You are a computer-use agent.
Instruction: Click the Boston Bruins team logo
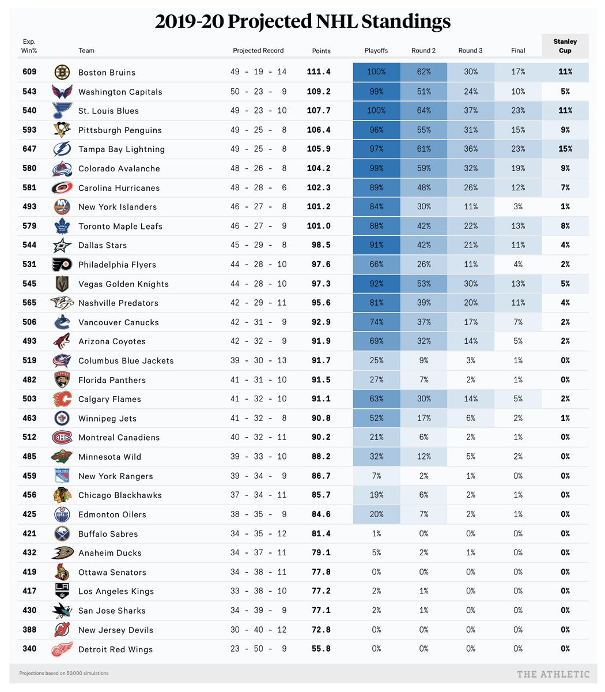pos(62,72)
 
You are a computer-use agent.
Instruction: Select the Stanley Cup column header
pos(565,46)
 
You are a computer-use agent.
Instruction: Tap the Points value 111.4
pos(319,72)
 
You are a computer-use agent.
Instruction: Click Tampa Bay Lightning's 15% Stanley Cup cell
pos(565,149)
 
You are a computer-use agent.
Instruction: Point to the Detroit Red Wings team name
pos(115,649)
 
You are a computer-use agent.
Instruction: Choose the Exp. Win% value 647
pos(29,149)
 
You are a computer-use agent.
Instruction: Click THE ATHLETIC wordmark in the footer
pos(553,674)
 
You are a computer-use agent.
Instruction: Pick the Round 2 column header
pos(423,51)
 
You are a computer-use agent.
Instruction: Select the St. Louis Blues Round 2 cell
pos(423,111)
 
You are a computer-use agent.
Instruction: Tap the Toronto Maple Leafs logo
pos(62,226)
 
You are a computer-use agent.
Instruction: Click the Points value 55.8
pos(319,649)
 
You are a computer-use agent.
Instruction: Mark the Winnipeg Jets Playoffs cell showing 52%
pos(376,418)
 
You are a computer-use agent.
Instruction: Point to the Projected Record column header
pos(258,51)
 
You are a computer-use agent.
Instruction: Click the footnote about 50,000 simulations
pos(64,673)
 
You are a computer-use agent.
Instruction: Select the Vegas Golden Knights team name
pos(123,284)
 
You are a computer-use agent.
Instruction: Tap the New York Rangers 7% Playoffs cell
pos(376,476)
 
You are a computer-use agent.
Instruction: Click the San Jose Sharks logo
pos(62,611)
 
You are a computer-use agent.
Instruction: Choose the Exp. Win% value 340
pos(29,649)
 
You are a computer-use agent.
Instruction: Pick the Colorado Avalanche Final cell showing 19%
pos(517,168)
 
